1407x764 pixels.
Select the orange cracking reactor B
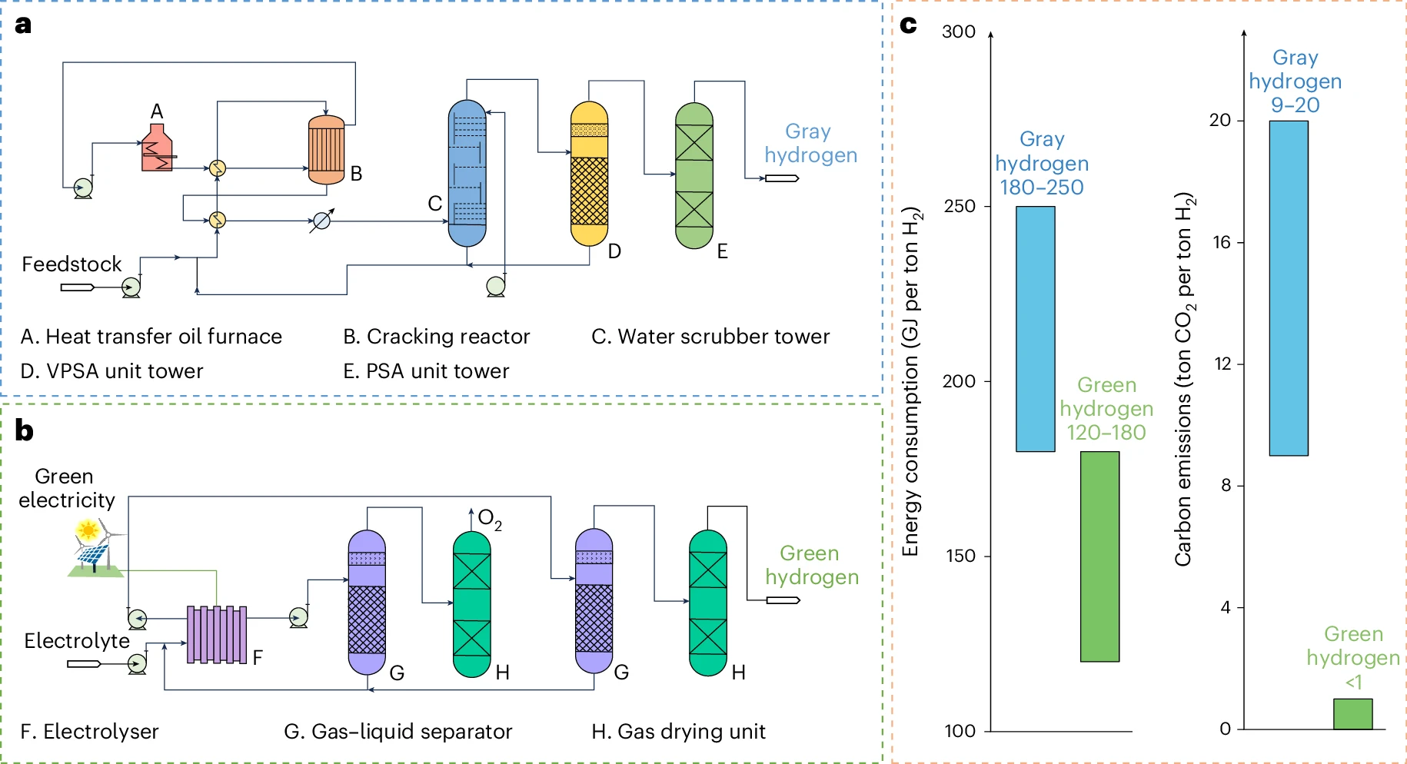point(326,150)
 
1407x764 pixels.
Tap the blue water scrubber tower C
point(467,173)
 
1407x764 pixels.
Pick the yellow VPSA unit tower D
point(589,174)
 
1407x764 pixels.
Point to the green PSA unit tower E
point(694,176)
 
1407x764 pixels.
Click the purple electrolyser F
point(217,634)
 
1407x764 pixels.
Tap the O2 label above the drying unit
point(490,519)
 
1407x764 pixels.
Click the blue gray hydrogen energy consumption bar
point(1035,329)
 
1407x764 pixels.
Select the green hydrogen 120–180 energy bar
point(1099,556)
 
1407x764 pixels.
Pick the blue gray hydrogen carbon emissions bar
point(1289,288)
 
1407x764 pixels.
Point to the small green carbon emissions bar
point(1352,713)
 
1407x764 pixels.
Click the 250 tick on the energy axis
point(960,206)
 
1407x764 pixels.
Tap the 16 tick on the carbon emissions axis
point(1222,242)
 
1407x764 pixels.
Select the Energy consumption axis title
point(911,380)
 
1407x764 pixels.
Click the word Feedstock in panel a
point(72,264)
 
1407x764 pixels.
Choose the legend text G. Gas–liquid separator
point(397,731)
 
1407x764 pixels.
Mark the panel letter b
point(24,430)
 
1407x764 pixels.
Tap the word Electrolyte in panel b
point(77,640)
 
